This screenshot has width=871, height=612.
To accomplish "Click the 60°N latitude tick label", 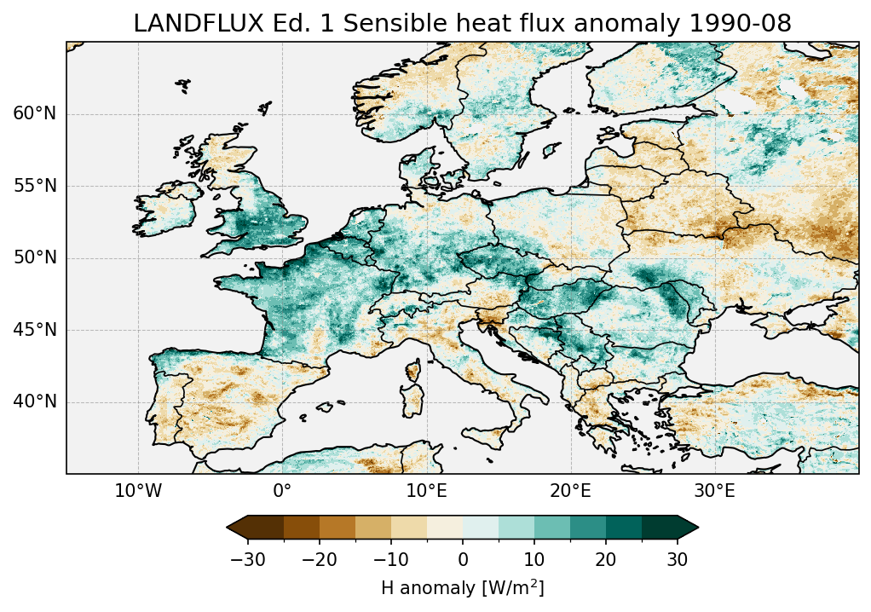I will tap(34, 114).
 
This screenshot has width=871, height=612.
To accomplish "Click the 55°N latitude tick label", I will tap(34, 186).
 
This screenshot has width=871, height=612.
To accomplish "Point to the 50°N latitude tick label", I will tap(34, 258).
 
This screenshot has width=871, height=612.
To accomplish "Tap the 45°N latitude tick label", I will tap(34, 330).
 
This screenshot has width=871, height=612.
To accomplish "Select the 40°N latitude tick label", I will tap(34, 401).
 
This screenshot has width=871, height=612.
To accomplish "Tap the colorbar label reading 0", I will tap(463, 559).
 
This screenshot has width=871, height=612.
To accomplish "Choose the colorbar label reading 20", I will tap(606, 559).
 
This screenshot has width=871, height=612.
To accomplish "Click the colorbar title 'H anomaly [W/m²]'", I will tap(463, 587).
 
